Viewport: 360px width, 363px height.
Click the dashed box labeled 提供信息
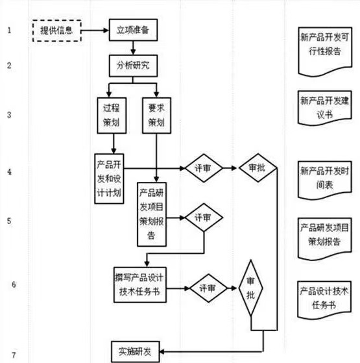click(x=57, y=31)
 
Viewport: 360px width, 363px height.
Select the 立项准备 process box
click(x=133, y=30)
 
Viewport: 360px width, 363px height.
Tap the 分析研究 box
click(x=133, y=66)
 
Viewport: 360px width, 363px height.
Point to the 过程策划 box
click(x=112, y=116)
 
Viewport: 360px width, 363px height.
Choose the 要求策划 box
click(x=156, y=116)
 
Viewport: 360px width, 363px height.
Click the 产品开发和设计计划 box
click(x=109, y=179)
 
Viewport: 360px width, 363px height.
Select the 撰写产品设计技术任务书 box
click(x=140, y=285)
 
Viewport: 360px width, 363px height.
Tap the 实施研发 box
click(x=136, y=352)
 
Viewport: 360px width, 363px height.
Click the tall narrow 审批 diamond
click(x=250, y=288)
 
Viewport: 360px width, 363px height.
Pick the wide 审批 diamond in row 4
click(x=258, y=168)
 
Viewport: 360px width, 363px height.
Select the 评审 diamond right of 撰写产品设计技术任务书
click(x=208, y=288)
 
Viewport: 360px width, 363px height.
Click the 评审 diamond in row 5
click(x=204, y=218)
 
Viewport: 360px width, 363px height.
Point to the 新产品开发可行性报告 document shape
click(x=325, y=51)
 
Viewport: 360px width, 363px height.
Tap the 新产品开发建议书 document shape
click(x=325, y=108)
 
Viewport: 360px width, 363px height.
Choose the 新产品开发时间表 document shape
click(x=325, y=180)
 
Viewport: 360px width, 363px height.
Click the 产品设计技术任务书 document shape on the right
click(x=324, y=300)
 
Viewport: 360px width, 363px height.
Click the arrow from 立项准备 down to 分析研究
click(x=133, y=48)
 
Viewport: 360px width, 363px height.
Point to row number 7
click(x=14, y=355)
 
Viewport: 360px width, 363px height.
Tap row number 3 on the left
click(x=9, y=115)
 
